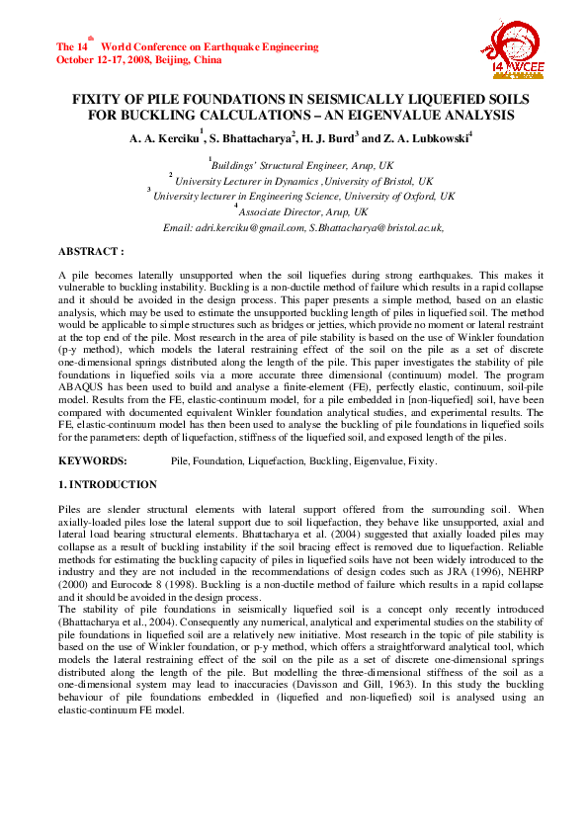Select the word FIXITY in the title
pos(102,101)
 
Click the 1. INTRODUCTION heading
pos(108,485)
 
